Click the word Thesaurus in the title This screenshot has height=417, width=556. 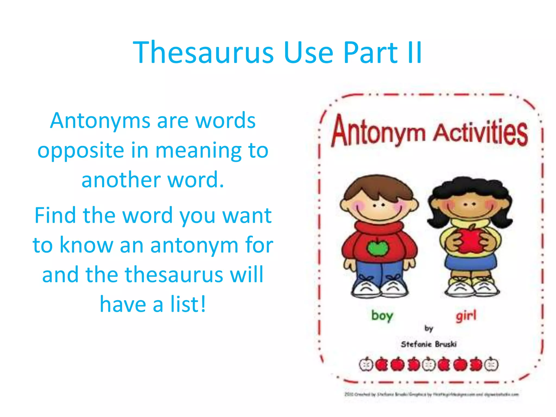203,53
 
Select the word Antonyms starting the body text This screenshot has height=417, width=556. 100,121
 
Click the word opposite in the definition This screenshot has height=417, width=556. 81,151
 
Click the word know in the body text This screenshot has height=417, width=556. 86,245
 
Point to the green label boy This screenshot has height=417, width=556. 382,316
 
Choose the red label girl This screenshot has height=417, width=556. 466,316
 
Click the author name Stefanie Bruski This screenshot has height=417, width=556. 429,344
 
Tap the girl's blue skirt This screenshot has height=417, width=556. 470,263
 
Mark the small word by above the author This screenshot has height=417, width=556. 429,329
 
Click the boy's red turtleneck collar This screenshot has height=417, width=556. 379,227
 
